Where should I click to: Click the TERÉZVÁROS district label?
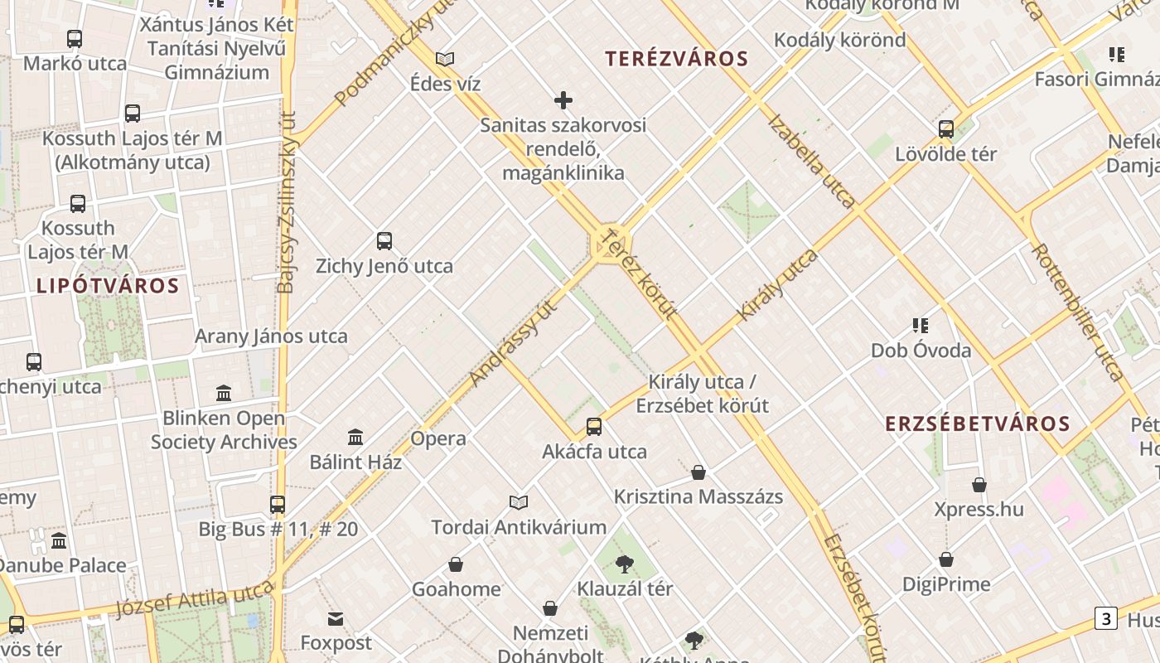click(x=676, y=59)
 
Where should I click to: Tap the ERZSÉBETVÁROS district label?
click(x=978, y=423)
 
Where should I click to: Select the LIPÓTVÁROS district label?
click(x=108, y=286)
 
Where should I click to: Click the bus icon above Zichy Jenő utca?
click(x=384, y=241)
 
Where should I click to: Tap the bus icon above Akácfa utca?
click(x=594, y=427)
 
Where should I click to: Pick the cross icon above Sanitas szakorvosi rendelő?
click(x=563, y=101)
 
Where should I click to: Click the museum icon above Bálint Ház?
click(x=355, y=437)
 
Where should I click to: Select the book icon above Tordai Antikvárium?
click(x=519, y=502)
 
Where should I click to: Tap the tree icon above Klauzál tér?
click(x=625, y=564)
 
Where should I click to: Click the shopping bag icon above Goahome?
click(x=456, y=564)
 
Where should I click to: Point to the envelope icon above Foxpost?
click(x=336, y=618)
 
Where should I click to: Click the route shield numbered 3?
click(x=1105, y=618)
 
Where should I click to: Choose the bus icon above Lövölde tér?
click(x=946, y=129)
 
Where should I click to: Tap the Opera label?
click(x=438, y=438)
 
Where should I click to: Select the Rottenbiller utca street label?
click(x=1077, y=312)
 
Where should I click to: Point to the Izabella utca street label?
click(x=811, y=160)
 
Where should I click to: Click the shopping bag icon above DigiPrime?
click(x=945, y=560)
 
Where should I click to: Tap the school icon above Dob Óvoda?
click(x=920, y=326)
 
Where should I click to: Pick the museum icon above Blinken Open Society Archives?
click(x=224, y=393)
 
